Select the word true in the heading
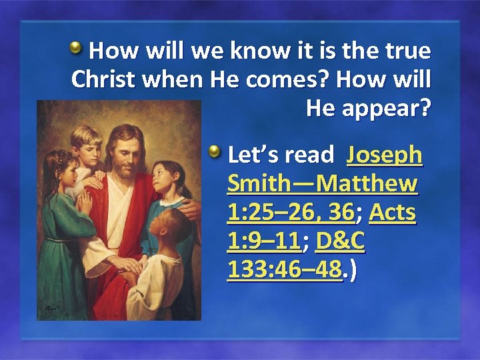tap(406, 51)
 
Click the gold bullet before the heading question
tap(77, 48)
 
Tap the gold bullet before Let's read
tap(214, 153)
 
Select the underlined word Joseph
tap(385, 155)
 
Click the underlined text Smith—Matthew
tap(323, 183)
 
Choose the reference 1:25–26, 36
tap(291, 212)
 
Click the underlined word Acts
tap(392, 212)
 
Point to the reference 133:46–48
tap(285, 269)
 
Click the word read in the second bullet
tap(309, 155)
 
